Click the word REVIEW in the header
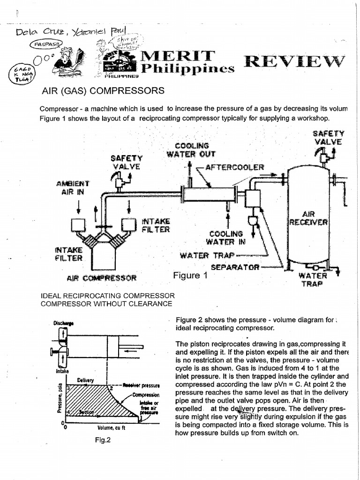pyautogui.click(x=293, y=61)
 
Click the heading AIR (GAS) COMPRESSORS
pyautogui.click(x=103, y=90)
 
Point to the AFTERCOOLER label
pyautogui.click(x=235, y=167)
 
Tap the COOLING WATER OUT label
pyautogui.click(x=191, y=150)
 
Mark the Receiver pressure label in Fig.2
pyautogui.click(x=141, y=386)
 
